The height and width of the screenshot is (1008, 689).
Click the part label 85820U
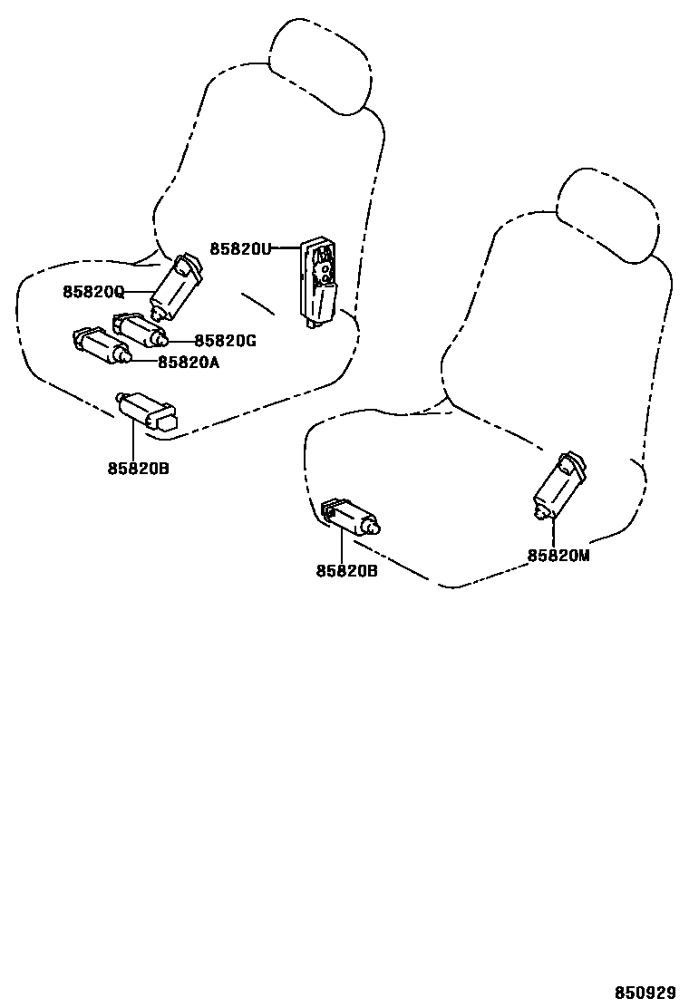click(240, 248)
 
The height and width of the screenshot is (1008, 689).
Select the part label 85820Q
click(92, 292)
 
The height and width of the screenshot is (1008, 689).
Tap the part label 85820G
click(226, 341)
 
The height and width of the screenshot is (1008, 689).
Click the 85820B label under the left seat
click(138, 469)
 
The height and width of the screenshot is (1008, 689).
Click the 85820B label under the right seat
click(346, 571)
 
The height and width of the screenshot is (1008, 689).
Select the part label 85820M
click(558, 556)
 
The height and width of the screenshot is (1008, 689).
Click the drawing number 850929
click(646, 993)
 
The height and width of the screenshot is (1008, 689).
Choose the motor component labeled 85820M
click(558, 488)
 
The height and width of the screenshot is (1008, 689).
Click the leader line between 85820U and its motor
click(286, 247)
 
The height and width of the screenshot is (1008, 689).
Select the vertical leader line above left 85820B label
click(133, 441)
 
